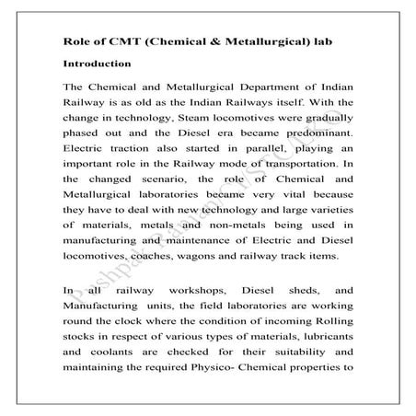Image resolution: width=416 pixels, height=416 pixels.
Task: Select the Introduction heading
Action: pos(98,64)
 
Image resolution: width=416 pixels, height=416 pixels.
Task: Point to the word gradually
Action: pos(322,120)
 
